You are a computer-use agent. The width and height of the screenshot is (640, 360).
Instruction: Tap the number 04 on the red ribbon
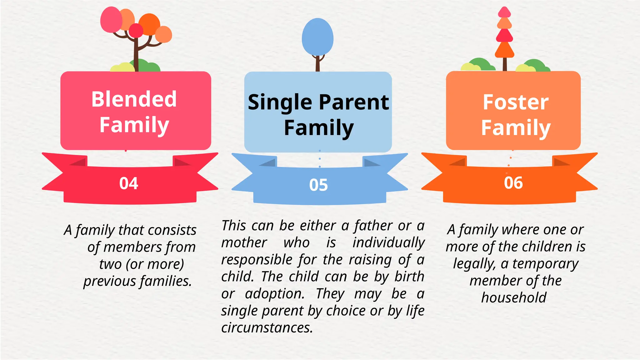128,183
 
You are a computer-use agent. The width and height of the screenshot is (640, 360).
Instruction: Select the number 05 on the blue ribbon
318,185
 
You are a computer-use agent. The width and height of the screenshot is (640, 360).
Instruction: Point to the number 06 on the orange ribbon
513,183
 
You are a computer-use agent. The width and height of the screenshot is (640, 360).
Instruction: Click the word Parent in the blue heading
354,102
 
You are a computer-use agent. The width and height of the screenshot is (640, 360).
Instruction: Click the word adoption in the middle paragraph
275,294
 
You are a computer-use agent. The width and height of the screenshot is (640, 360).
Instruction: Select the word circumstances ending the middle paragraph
267,328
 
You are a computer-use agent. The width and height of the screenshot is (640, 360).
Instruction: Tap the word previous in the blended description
109,281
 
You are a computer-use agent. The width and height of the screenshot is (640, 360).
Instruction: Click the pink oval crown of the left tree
111,20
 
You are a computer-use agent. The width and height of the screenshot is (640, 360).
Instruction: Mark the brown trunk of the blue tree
317,64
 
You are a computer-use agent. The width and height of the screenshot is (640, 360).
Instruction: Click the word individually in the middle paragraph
388,243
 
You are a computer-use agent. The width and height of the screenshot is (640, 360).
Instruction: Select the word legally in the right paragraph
474,264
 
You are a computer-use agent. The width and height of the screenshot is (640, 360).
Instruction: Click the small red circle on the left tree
136,30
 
